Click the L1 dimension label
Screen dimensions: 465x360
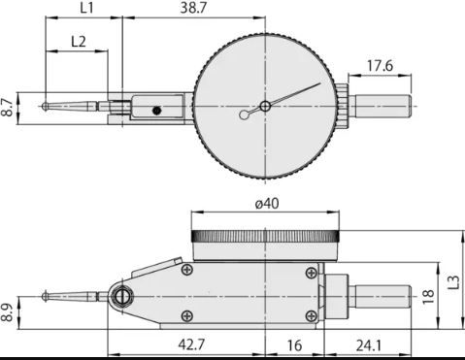(x=86, y=8)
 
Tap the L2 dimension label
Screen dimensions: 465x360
(x=79, y=42)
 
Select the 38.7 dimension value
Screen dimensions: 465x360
(x=193, y=8)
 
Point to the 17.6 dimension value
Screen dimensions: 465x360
(x=380, y=66)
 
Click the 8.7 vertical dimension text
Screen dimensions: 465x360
(x=7, y=108)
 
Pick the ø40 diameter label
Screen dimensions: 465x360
(x=267, y=204)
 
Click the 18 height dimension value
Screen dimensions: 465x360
(x=428, y=297)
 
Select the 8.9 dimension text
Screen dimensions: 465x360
(x=7, y=312)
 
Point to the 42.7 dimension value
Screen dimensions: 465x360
(x=191, y=344)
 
